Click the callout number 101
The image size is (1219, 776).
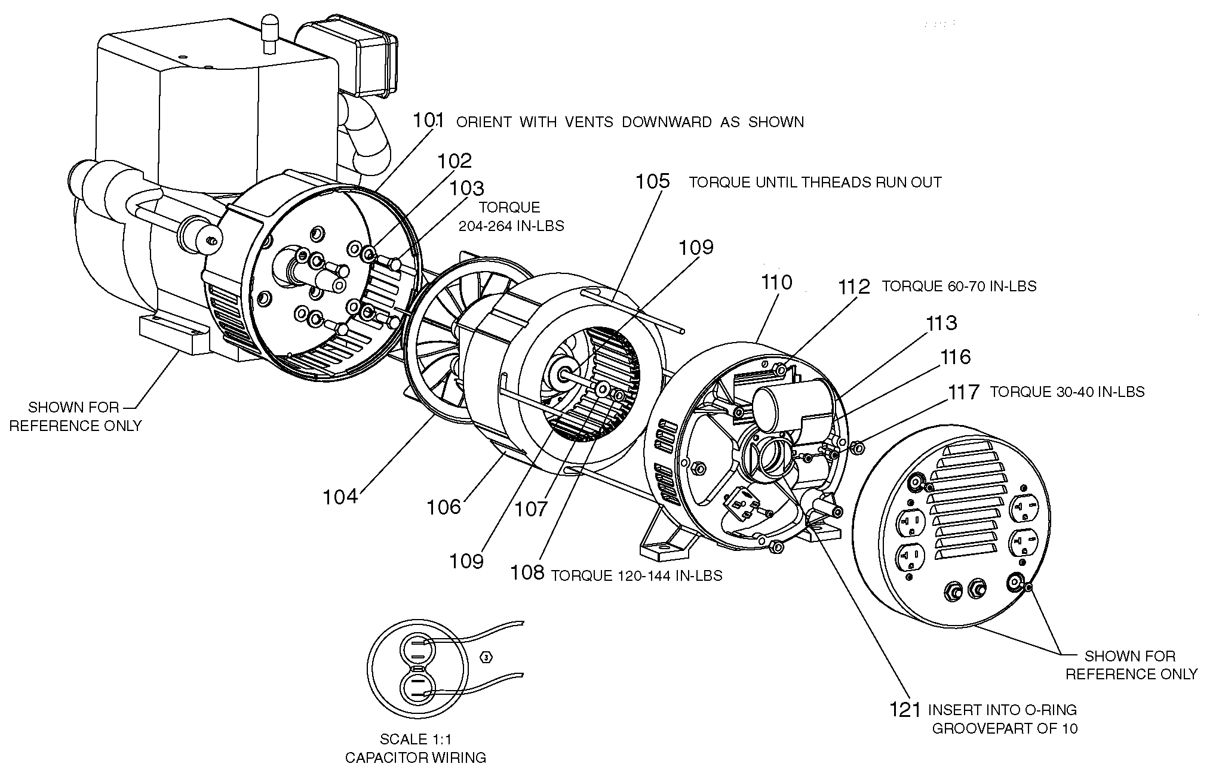pos(428,121)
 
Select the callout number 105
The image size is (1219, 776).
pos(652,181)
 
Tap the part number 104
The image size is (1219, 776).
pos(340,497)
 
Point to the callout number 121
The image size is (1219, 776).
pos(905,710)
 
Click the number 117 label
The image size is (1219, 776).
pos(964,392)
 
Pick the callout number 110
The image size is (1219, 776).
pos(776,282)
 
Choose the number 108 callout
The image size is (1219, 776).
pos(527,573)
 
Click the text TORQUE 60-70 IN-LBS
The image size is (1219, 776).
pos(959,287)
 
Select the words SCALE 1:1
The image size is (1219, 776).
pos(416,740)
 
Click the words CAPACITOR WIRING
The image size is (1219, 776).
pos(416,758)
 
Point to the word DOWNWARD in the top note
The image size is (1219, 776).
pos(667,122)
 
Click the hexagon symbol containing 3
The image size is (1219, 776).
pos(487,658)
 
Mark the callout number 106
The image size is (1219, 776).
pos(444,507)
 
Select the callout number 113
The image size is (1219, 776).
pos(942,323)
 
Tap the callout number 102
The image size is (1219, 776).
pos(455,161)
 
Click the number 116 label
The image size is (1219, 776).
pos(956,357)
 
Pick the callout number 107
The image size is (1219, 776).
pos(531,509)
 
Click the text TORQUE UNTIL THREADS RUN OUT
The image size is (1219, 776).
pos(815,183)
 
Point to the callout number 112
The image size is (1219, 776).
pos(854,287)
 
